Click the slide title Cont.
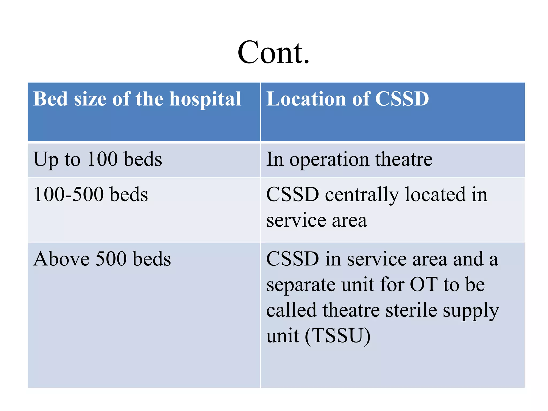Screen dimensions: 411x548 click(x=273, y=52)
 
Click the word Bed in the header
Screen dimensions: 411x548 click(x=50, y=99)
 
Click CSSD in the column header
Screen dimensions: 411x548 click(x=402, y=99)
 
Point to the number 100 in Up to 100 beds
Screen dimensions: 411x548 click(x=102, y=159)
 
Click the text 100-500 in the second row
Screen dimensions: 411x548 click(x=69, y=194)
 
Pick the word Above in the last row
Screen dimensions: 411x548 click(x=61, y=259)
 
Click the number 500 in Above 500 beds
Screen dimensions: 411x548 click(x=111, y=259)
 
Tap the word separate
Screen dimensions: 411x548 click(x=301, y=285)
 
